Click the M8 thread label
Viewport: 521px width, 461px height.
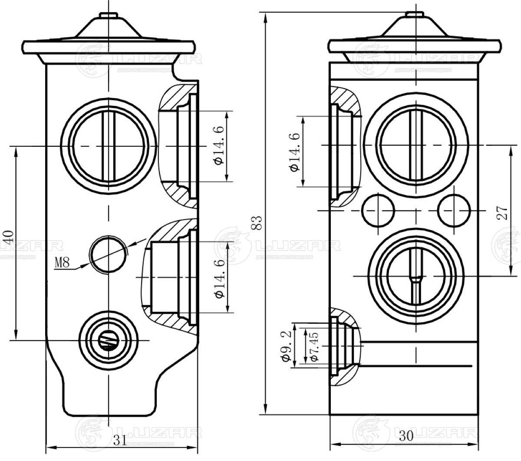pyautogui.click(x=62, y=263)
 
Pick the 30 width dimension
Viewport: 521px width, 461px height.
pyautogui.click(x=406, y=436)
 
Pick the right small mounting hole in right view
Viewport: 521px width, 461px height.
pyautogui.click(x=454, y=211)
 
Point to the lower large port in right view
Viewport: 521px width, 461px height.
pyautogui.click(x=416, y=276)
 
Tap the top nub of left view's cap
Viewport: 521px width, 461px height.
pyautogui.click(x=109, y=16)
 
